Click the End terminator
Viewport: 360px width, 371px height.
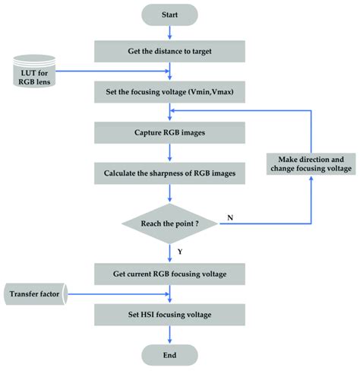pyautogui.click(x=170, y=355)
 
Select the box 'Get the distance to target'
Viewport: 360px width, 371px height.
pyautogui.click(x=170, y=51)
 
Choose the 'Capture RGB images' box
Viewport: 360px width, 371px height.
pyautogui.click(x=170, y=133)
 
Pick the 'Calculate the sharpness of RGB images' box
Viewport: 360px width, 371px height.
pyautogui.click(x=170, y=173)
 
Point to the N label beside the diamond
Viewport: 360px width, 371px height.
pyautogui.click(x=229, y=217)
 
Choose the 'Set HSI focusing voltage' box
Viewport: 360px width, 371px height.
pyautogui.click(x=170, y=313)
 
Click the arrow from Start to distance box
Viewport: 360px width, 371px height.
pyautogui.click(x=170, y=32)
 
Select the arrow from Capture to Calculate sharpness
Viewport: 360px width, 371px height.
pyautogui.click(x=170, y=153)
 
